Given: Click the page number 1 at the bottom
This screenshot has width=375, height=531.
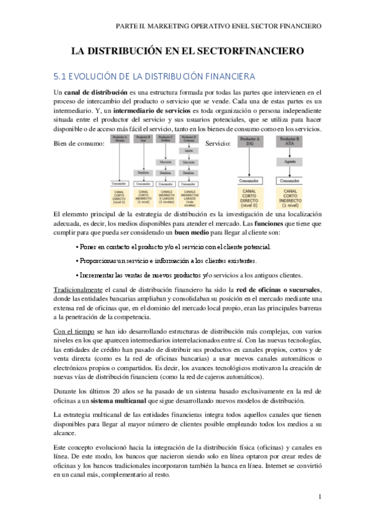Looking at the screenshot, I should point(319,497).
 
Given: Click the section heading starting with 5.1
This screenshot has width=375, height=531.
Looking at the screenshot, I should point(154,76).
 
